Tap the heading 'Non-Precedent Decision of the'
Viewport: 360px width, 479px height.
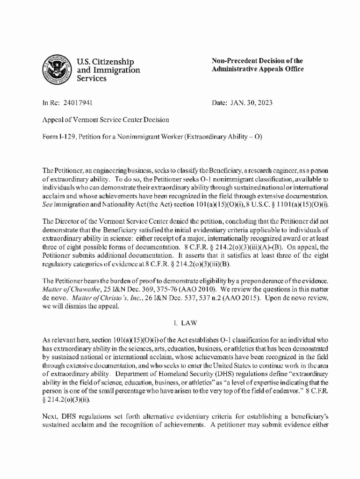[257, 61]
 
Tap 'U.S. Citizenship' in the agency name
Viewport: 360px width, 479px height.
[105, 62]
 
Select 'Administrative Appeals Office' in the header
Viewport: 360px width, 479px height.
[258, 69]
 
